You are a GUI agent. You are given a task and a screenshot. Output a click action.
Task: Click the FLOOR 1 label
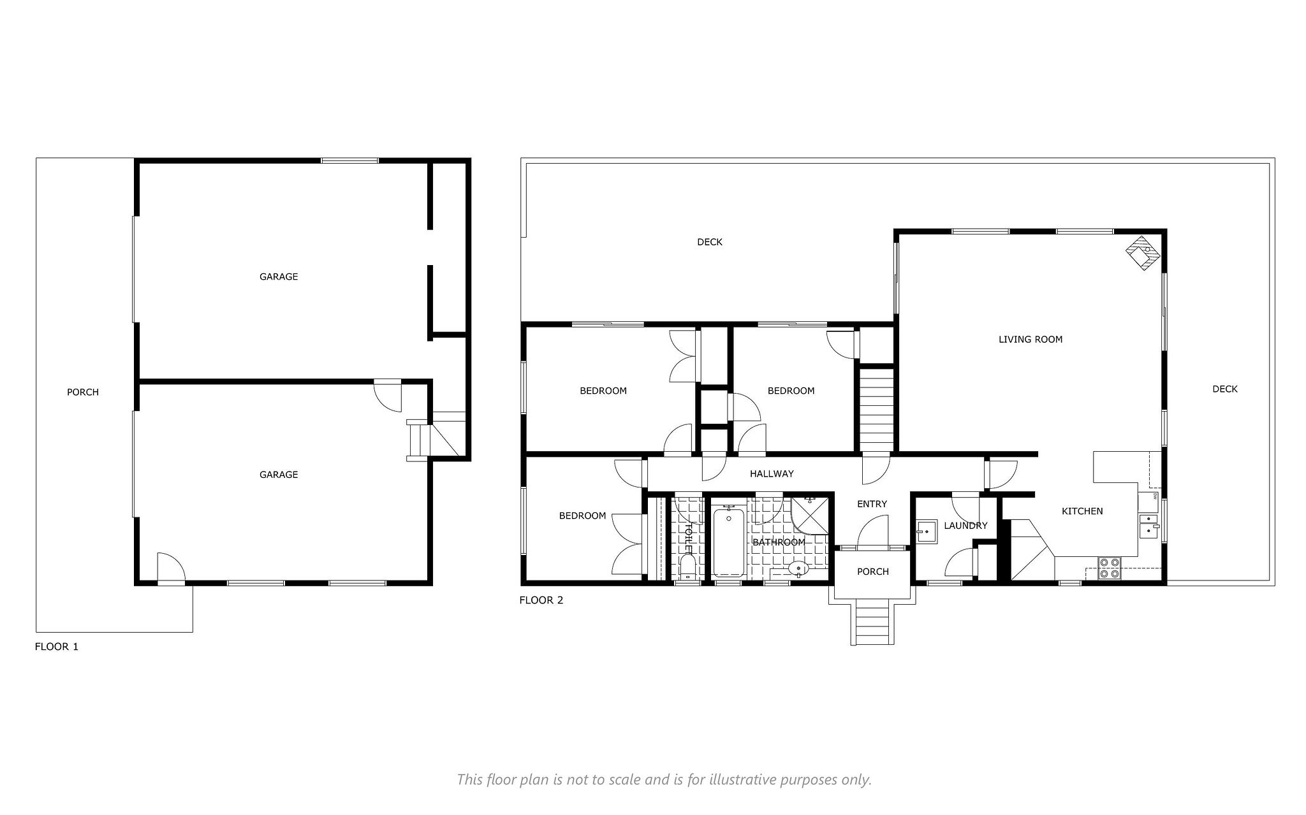(56, 647)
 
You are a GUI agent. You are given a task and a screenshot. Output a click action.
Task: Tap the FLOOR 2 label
(541, 600)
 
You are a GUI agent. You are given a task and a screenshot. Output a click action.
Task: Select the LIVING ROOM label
(1031, 340)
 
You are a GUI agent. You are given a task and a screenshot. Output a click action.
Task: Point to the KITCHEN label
(1082, 511)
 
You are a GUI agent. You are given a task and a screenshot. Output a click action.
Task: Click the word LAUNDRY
(965, 526)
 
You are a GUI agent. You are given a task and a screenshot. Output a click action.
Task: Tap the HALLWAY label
(772, 473)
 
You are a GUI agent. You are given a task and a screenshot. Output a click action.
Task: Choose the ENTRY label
(872, 504)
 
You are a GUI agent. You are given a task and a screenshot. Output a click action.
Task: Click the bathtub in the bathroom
(728, 542)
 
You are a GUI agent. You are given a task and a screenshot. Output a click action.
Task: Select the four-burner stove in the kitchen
(1110, 568)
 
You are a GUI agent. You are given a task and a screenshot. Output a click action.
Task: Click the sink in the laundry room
(926, 531)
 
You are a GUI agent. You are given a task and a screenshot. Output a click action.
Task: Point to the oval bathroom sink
(798, 568)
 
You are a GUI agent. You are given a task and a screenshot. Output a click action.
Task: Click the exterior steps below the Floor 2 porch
(872, 625)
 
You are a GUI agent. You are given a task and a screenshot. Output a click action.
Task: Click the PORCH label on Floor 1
(83, 393)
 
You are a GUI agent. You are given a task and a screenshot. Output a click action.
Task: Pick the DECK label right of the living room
(1224, 389)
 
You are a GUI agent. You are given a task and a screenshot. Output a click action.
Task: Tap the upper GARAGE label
(279, 277)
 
